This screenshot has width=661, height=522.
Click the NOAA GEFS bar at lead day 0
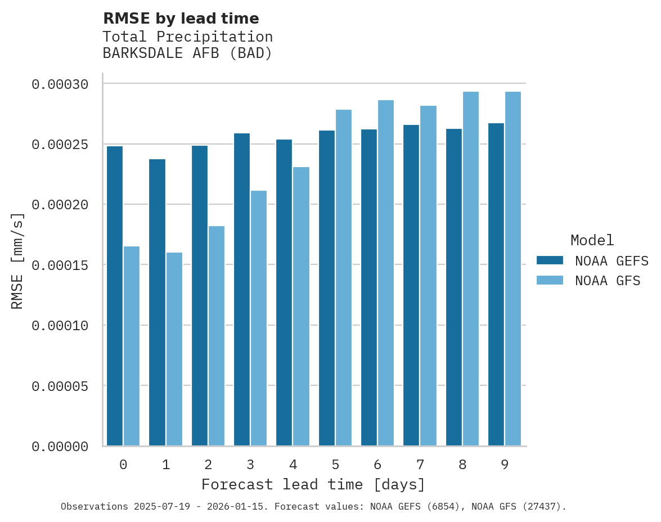tap(115, 296)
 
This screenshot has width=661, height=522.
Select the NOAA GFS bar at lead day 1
tap(174, 349)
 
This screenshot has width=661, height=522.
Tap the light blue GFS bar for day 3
tap(259, 318)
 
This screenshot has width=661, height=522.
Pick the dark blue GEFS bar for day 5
tap(327, 288)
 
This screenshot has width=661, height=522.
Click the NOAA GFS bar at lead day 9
tap(513, 269)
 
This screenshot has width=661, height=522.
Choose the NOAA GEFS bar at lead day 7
tap(412, 285)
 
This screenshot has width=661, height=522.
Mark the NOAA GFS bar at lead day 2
tap(217, 336)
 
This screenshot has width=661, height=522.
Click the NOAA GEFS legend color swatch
tap(550, 260)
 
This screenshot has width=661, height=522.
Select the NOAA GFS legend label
tap(608, 281)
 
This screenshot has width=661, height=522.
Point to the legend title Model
tap(592, 240)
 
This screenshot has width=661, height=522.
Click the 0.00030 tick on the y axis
tap(60, 84)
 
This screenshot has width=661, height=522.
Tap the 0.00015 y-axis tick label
tap(60, 265)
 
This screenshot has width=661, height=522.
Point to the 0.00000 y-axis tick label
tap(60, 447)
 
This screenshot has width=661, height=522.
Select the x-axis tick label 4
tap(293, 465)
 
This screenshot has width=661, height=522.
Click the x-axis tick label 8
tap(462, 465)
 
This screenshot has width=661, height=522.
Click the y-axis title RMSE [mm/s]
tap(17, 261)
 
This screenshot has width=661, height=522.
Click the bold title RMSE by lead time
tap(181, 19)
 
